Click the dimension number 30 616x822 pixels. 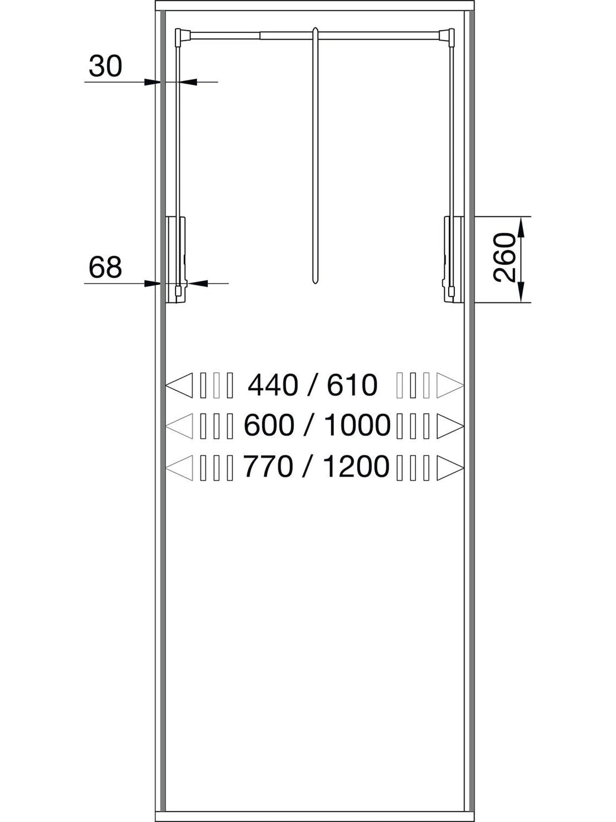(x=105, y=66)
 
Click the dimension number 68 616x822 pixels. (x=105, y=267)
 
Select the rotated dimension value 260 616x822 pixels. (x=504, y=257)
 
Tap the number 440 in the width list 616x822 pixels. (x=273, y=385)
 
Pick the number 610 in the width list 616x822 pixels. (x=352, y=385)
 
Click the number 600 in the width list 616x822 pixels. (x=269, y=425)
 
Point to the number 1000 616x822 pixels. (x=357, y=425)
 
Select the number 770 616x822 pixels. (x=269, y=466)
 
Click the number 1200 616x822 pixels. (x=356, y=466)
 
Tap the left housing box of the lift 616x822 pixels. (x=176, y=260)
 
